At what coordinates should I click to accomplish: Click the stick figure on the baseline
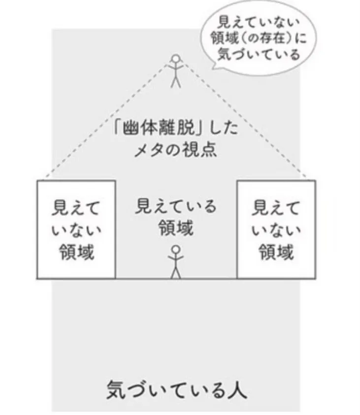coord(176,261)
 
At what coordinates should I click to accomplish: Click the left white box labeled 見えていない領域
coord(76,229)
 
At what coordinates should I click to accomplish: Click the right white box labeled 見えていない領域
coord(276,229)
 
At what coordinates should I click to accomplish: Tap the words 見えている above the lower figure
coord(176,206)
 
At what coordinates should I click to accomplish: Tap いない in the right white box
coord(276,230)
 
